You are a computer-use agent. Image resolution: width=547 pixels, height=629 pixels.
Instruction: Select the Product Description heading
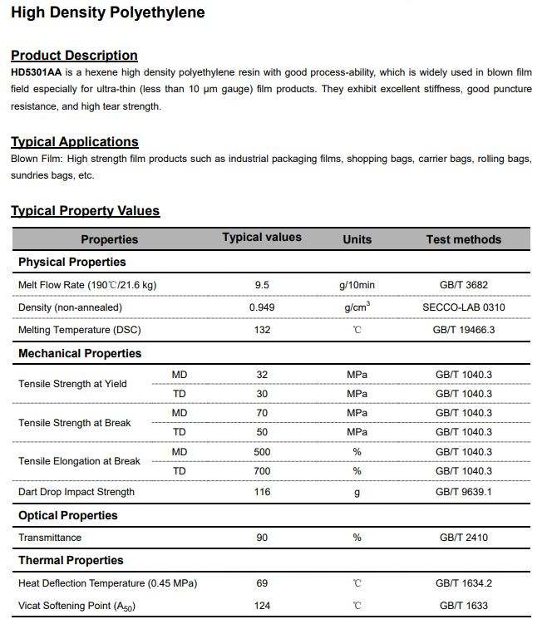(x=74, y=55)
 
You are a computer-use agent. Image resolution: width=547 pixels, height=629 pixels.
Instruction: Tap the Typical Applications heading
(x=75, y=141)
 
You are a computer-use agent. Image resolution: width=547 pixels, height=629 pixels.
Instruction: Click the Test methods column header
(x=463, y=239)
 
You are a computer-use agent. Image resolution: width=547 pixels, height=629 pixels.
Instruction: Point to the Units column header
(x=357, y=239)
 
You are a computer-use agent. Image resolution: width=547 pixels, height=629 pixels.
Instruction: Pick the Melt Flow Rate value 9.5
(x=262, y=285)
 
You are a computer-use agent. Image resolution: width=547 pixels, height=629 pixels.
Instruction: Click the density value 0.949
(x=262, y=307)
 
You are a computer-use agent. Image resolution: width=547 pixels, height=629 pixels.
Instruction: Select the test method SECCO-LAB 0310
(x=463, y=307)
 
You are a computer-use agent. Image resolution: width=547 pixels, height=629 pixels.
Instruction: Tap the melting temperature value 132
(x=262, y=330)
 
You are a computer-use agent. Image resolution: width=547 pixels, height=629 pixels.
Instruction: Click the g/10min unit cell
(x=357, y=285)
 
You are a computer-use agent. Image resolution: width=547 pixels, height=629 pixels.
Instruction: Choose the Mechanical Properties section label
(x=80, y=353)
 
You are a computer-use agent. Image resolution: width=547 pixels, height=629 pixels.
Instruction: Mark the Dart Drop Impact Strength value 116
(x=262, y=492)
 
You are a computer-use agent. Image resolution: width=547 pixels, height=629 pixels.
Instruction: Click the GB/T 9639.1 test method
(x=463, y=492)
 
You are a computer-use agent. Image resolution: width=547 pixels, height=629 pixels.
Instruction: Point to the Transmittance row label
(x=50, y=538)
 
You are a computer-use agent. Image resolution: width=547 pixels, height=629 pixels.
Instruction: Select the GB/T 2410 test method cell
(x=463, y=538)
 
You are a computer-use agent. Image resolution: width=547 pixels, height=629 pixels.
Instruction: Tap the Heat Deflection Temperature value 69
(x=262, y=583)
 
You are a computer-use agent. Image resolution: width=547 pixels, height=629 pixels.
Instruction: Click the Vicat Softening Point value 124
(x=262, y=606)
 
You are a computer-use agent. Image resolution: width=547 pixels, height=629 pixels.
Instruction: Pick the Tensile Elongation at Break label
(x=79, y=461)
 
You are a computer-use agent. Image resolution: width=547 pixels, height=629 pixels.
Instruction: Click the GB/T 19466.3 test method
(x=463, y=330)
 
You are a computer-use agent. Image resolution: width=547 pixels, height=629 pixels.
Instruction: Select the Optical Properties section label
(x=68, y=515)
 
